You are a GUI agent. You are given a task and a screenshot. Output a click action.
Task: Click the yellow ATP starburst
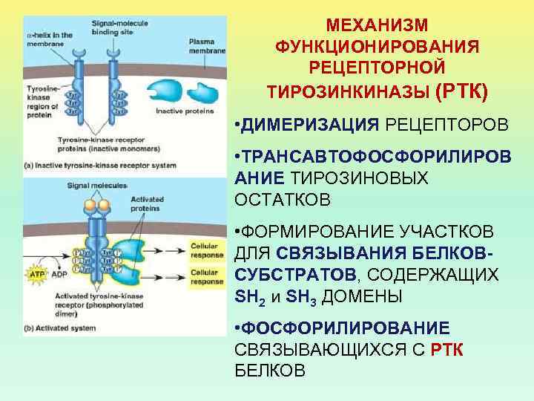click(38, 274)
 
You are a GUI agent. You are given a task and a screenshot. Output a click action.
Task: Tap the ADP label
click(60, 274)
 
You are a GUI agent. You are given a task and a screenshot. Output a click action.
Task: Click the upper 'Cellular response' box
click(206, 250)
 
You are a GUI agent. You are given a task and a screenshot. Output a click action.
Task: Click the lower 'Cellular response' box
click(206, 277)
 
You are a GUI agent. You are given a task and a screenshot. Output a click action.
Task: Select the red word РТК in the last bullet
click(447, 349)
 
